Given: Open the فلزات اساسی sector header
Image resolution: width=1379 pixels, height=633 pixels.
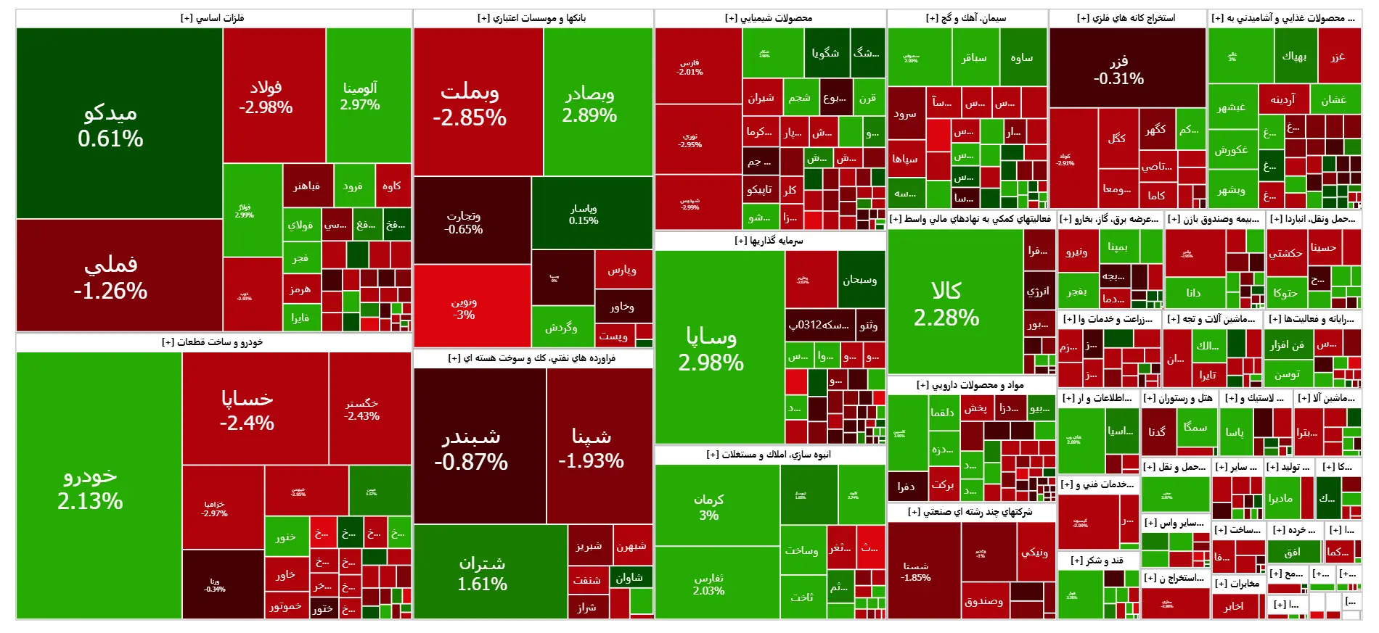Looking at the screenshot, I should [x=213, y=18].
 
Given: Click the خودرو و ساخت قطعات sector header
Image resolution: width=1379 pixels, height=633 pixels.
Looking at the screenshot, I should [x=213, y=342].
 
